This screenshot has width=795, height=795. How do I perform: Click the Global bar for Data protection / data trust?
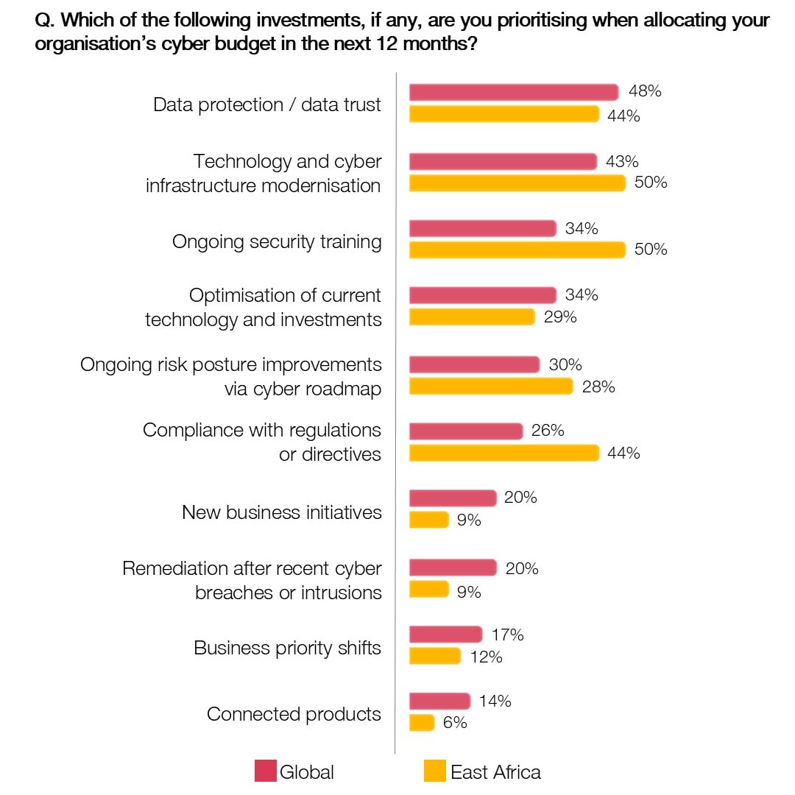513,92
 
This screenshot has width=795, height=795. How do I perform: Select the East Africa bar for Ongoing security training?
517,250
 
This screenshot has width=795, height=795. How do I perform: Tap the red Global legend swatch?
265,771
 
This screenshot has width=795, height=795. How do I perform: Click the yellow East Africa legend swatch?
435,771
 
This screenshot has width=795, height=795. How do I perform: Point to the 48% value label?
645,91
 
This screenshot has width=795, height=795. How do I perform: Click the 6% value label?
455,723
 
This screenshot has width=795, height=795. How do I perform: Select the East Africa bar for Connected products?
422,723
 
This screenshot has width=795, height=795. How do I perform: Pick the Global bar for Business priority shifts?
445,635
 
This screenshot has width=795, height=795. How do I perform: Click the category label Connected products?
294,714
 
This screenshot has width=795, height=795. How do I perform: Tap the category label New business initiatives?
282,512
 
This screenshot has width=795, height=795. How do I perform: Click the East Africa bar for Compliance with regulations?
504,453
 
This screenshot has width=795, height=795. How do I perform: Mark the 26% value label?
548,431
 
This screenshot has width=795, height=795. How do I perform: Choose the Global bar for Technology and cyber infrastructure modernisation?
503,161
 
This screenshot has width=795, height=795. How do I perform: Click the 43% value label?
622,161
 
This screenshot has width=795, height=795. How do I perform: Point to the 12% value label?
486,657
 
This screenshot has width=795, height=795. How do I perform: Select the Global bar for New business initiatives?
453,498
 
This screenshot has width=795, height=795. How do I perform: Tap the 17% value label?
507,635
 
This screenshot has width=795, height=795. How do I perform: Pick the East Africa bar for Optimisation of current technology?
471,317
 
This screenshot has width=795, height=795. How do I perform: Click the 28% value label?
598,386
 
